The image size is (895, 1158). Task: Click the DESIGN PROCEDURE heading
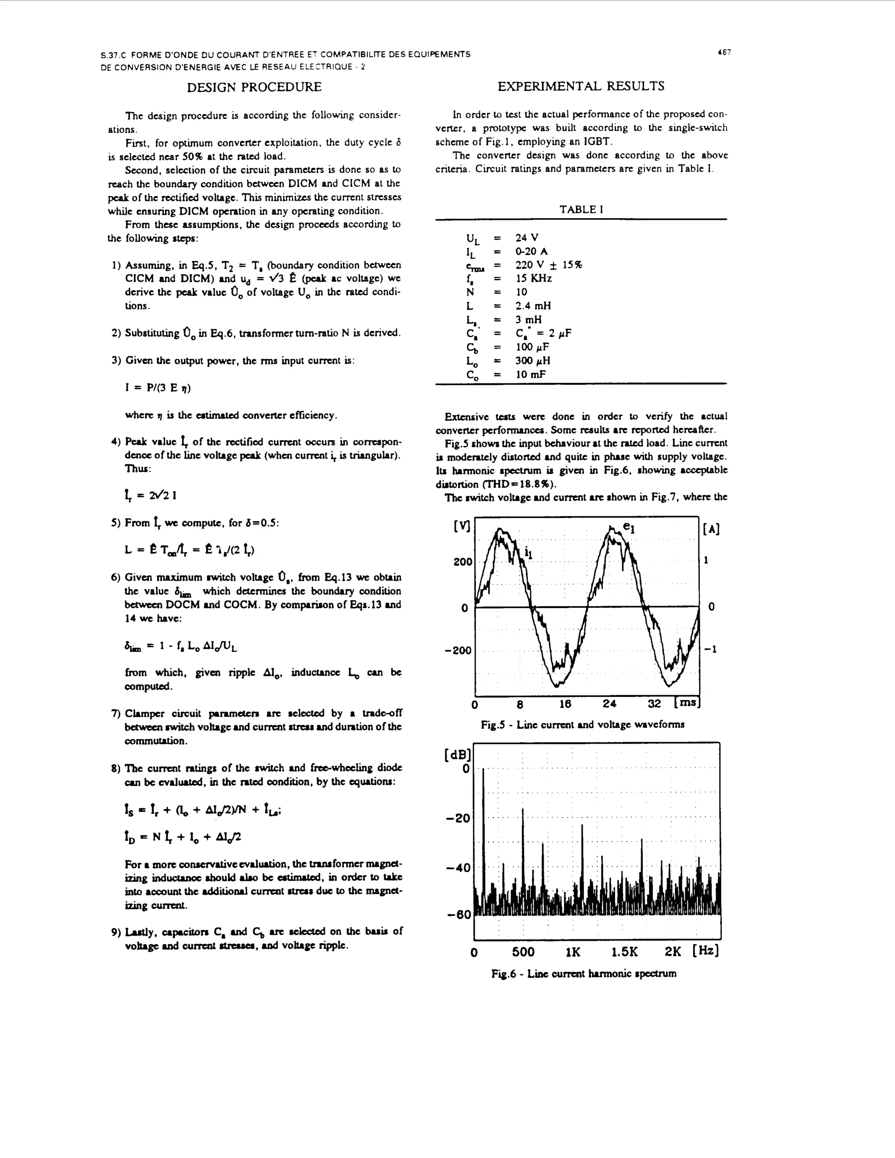pos(254,87)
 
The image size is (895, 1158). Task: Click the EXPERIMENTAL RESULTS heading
pos(581,87)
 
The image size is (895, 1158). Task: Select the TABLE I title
pos(581,209)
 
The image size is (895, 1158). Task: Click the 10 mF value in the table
pos(531,374)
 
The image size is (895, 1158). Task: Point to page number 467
pos(724,52)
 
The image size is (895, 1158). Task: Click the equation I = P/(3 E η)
pos(158,388)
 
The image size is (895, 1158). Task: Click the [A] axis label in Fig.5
pos(711,529)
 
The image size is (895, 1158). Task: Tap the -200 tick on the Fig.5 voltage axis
pos(458,650)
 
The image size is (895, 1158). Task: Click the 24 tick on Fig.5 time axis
pos(609,704)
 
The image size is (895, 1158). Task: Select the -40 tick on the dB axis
pos(458,868)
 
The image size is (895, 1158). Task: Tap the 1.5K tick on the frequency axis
pos(624,952)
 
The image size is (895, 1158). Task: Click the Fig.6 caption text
pos(583,974)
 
